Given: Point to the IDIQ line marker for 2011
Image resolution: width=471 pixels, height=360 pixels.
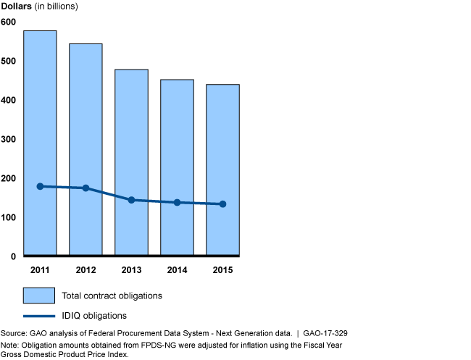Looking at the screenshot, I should tap(40, 186).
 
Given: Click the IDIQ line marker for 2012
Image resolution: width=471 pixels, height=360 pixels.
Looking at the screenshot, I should tap(86, 188).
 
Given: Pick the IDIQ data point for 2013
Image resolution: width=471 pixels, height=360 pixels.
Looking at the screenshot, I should tap(131, 200).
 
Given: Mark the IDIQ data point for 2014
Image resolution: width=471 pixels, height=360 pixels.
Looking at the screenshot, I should tap(177, 203).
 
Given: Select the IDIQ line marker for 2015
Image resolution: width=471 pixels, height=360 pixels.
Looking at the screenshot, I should tap(222, 204).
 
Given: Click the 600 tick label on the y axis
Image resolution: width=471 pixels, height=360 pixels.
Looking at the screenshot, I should tap(8, 22).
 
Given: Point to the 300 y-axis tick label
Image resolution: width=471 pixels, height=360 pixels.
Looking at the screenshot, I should tap(8, 139).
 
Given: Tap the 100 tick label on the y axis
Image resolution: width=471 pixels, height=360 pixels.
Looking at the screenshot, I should tap(8, 217).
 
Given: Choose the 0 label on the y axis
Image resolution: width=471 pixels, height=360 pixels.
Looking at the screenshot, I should tap(12, 256).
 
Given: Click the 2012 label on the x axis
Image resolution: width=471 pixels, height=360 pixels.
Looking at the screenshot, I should tap(86, 269).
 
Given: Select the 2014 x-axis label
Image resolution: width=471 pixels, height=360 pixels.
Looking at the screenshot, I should tap(177, 269).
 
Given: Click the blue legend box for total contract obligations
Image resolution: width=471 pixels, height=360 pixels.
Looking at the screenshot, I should tap(39, 296).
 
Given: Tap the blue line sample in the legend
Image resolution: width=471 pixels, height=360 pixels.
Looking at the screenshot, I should tap(39, 316).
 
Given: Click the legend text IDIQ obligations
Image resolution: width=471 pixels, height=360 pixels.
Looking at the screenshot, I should tap(96, 316).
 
